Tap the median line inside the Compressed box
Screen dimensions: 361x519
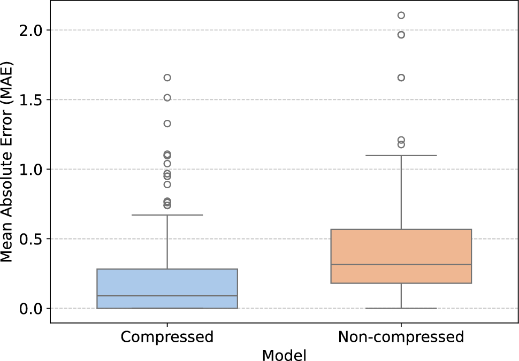[167, 296]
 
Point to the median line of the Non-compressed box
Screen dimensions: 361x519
[401, 264]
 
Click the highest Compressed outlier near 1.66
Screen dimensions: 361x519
[167, 78]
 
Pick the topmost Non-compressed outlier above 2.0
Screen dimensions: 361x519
[401, 15]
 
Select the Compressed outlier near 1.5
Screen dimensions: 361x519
[167, 98]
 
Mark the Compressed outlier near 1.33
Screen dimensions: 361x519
[167, 124]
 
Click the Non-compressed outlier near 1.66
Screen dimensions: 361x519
[401, 78]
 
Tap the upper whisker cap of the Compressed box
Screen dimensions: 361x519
[167, 215]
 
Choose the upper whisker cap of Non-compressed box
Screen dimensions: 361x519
[401, 155]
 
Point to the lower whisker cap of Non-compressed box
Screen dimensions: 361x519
[401, 308]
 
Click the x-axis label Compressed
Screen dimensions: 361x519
[167, 337]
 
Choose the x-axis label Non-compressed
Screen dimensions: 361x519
[401, 337]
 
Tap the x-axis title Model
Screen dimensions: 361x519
[284, 354]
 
